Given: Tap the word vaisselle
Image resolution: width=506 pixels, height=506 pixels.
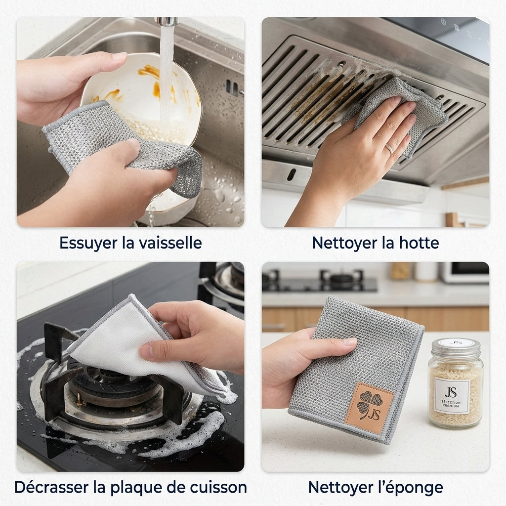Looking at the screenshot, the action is tap(171, 242).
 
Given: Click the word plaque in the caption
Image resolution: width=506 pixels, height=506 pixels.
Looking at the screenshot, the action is tap(133, 488).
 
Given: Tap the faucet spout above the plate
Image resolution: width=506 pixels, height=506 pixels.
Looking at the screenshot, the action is tap(167, 22).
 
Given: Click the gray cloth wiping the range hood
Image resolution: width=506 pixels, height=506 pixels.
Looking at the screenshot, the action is tap(400, 113).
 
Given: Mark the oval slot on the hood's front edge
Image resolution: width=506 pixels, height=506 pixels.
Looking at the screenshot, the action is tap(291, 174).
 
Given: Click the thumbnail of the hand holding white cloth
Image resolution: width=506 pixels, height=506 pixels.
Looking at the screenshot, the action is tap(147, 351).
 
